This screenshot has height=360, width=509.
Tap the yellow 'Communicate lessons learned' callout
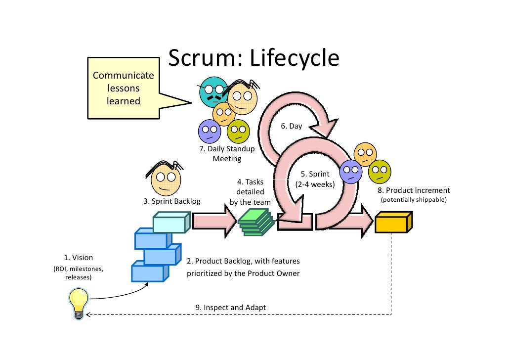pos(124,89)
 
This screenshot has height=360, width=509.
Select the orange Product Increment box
pos(393,224)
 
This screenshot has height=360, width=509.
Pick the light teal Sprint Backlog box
pos(171,223)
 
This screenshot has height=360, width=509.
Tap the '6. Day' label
pos(291,126)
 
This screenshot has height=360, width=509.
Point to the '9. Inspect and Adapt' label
pos(230,308)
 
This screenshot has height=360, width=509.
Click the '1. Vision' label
pos(79,258)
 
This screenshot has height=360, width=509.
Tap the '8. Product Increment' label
pos(414,190)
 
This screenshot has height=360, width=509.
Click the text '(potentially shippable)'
pos(413,200)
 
